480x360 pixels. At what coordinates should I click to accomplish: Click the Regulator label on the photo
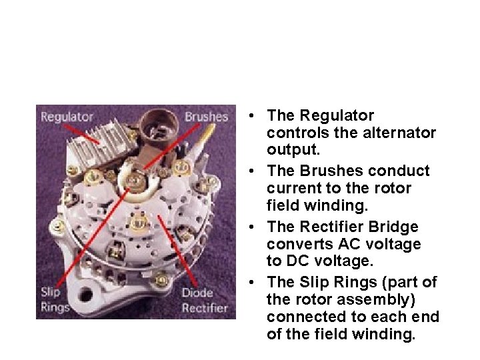(67, 117)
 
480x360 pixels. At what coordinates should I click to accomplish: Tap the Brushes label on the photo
(206, 117)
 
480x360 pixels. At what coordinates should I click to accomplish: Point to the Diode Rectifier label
(205, 301)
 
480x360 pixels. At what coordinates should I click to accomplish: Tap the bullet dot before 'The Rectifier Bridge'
(248, 227)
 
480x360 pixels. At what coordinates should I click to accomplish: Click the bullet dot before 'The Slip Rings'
(248, 283)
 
